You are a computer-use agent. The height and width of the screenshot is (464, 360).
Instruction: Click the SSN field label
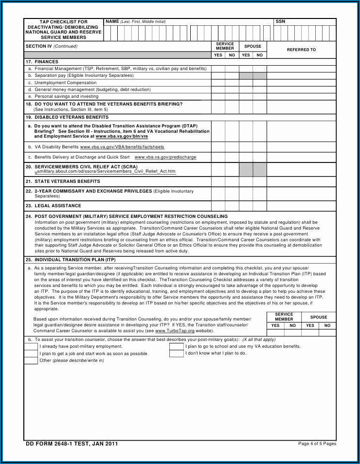(x=280, y=22)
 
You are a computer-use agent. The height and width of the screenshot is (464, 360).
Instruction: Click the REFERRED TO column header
(x=301, y=50)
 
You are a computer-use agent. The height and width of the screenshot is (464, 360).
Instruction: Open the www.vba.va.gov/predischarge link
(x=165, y=157)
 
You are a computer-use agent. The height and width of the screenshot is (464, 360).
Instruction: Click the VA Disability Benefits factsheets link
(x=122, y=147)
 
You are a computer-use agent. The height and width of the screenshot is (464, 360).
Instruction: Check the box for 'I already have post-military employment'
(x=31, y=347)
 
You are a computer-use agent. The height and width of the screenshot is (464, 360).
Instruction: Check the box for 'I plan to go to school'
(x=177, y=347)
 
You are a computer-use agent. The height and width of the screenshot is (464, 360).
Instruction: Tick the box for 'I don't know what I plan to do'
(x=177, y=354)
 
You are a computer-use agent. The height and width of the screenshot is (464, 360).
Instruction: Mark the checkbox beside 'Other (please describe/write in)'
(x=31, y=360)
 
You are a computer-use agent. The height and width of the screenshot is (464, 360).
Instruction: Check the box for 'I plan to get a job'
(x=31, y=354)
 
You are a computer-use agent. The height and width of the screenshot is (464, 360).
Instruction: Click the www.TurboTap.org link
(x=174, y=331)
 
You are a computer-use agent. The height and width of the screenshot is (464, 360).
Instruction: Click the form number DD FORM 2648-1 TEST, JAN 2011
(x=72, y=444)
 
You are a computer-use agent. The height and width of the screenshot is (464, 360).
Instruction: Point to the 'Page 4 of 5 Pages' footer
(x=317, y=444)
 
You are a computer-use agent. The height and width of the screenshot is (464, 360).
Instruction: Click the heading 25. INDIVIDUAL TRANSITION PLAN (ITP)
(x=71, y=260)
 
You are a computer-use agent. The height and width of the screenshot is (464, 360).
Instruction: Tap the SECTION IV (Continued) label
(x=51, y=46)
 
